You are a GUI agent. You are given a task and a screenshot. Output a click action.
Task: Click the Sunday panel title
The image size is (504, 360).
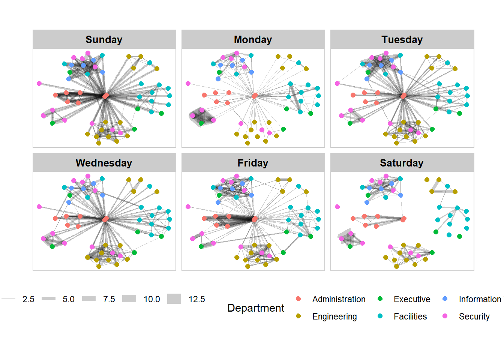(104, 39)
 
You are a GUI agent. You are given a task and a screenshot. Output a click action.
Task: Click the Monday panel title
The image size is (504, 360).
(253, 39)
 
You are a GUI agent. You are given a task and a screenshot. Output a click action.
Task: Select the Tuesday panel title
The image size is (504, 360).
(402, 39)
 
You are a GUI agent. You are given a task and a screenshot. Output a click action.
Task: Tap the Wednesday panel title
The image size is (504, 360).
(104, 163)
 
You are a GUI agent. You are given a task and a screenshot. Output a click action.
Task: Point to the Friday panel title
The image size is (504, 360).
(253, 163)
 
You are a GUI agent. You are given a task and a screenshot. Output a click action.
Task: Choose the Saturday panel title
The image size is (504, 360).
(402, 163)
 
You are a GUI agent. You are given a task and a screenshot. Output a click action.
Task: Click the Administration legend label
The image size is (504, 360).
(339, 299)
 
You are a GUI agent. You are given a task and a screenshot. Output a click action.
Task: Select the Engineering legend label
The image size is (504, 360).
(334, 316)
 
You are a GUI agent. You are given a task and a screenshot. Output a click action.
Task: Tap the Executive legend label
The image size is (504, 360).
(412, 299)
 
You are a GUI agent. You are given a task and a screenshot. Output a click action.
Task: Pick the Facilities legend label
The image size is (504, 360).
(410, 316)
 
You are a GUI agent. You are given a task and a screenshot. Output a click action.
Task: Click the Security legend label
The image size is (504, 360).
(474, 316)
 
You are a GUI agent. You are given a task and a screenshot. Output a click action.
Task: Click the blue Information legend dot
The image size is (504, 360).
(445, 299)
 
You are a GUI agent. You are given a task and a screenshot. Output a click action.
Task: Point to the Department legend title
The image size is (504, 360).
(256, 308)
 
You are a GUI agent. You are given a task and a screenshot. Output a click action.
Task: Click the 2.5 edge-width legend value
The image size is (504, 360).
(28, 299)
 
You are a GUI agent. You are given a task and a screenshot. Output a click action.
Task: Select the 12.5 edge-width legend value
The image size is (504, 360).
(196, 299)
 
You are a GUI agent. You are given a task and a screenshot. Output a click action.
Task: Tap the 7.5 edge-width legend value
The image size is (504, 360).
(109, 299)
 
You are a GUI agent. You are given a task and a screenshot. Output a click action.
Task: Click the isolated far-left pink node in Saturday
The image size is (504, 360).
(337, 207)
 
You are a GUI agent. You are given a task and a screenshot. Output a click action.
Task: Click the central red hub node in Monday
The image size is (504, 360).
(254, 96)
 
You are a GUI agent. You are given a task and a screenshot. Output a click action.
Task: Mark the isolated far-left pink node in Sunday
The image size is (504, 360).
(39, 83)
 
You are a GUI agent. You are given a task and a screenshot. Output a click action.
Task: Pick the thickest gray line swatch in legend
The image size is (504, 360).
(174, 299)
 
